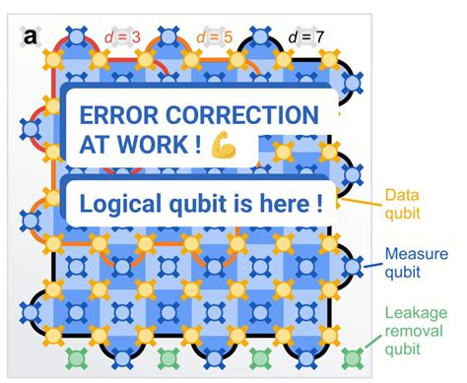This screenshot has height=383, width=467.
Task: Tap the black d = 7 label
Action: point(306,38)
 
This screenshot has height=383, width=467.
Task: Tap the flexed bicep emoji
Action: point(224,144)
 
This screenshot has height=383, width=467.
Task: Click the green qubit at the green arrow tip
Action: point(352,357)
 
